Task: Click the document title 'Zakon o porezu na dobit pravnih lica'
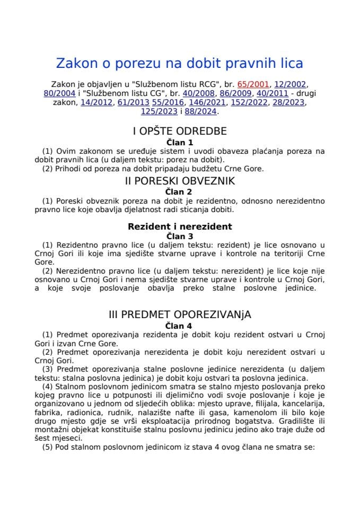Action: tap(180, 64)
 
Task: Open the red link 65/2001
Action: tap(254, 84)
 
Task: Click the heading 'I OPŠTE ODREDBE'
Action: tap(180, 131)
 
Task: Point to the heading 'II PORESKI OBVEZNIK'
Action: tap(180, 181)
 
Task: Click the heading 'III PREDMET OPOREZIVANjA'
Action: tap(180, 314)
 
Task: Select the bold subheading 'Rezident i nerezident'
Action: tap(180, 226)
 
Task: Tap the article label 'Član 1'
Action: tap(180, 142)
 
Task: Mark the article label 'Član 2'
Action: tap(180, 191)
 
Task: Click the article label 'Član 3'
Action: tap(180, 236)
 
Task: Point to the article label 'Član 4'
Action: tap(180, 325)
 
